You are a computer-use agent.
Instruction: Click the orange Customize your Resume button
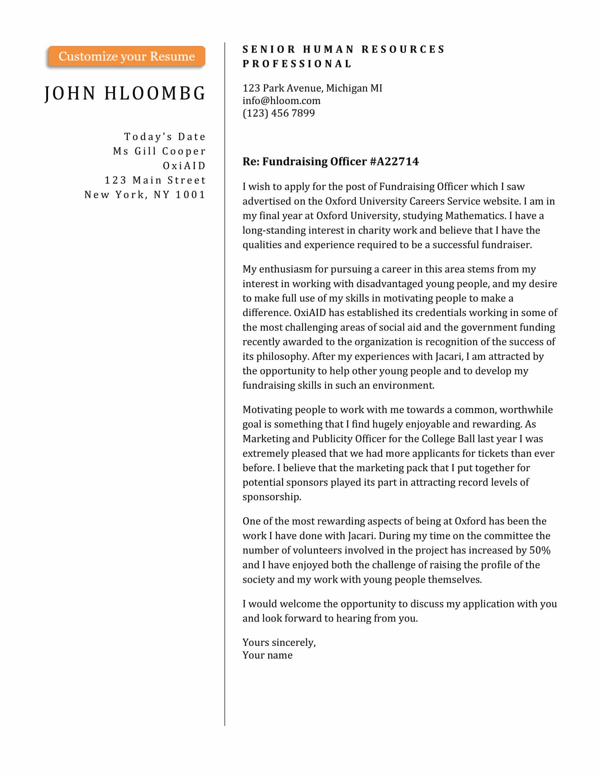[x=127, y=56]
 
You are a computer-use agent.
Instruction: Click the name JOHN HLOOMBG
[x=125, y=93]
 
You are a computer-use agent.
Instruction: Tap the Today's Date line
[x=165, y=137]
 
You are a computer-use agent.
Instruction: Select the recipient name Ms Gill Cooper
[x=159, y=151]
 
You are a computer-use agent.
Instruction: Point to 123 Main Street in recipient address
[x=155, y=181]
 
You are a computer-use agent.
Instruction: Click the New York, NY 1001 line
[x=145, y=195]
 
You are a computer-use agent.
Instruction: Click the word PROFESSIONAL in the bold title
[x=297, y=64]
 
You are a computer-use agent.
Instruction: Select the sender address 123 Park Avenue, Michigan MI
[x=312, y=88]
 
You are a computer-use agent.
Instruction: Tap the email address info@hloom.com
[x=281, y=101]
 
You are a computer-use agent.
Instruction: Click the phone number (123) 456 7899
[x=279, y=113]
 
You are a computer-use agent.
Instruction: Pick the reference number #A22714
[x=394, y=162]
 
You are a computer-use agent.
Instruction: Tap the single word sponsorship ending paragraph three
[x=271, y=497]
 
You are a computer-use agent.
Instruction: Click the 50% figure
[x=540, y=550]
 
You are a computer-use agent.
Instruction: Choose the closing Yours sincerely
[x=279, y=642]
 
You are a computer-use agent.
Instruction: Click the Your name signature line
[x=267, y=655]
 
